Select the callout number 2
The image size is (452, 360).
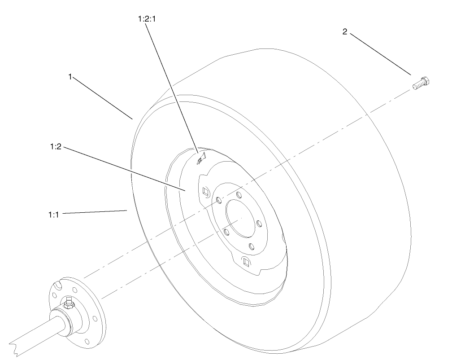click(x=345, y=33)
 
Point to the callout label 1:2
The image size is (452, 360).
click(x=56, y=146)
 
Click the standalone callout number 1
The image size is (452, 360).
click(x=70, y=77)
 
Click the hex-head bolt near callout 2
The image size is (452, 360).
click(x=420, y=83)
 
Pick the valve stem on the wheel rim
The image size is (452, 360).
click(x=201, y=158)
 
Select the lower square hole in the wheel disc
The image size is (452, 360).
click(x=246, y=261)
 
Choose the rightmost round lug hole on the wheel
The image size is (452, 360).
click(x=259, y=222)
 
